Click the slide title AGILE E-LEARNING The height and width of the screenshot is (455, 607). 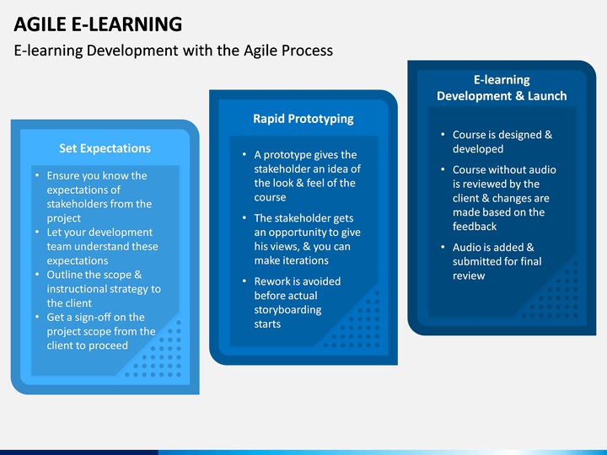[x=98, y=24]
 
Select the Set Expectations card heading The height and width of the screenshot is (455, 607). [x=105, y=148]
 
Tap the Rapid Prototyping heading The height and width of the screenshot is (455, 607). [x=303, y=119]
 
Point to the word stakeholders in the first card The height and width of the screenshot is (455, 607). [x=72, y=204]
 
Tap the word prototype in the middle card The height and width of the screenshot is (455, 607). [x=285, y=155]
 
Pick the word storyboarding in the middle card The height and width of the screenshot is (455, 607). [x=287, y=310]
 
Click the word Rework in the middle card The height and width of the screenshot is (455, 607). [x=272, y=281]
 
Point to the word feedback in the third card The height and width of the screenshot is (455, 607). [x=475, y=227]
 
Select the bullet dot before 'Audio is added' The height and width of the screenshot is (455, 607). [x=443, y=247]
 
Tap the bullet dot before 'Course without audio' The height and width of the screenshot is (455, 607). [x=443, y=169]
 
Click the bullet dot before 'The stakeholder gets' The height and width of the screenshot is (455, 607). [x=244, y=218]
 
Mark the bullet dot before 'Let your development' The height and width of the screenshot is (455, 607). [x=37, y=232]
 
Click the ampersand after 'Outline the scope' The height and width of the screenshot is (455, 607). [x=137, y=275]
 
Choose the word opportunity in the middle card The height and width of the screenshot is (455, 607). [x=298, y=233]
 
